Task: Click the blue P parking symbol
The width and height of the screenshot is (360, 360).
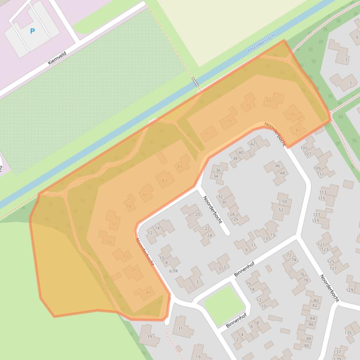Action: pos(32,31)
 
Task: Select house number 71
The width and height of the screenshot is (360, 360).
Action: pos(207,134)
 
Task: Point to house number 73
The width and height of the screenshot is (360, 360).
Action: pos(228,122)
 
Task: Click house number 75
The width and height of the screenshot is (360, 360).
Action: pos(248,107)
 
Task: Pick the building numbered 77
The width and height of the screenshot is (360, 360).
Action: pos(268,101)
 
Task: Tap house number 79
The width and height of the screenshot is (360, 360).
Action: pos(292,115)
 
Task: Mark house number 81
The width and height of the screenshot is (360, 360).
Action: pos(298,130)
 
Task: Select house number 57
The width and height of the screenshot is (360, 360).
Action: pos(114,224)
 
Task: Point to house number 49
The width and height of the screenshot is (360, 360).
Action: pos(148,293)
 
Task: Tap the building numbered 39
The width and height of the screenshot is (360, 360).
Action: pos(149,337)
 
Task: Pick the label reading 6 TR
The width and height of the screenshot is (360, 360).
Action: pos(173,271)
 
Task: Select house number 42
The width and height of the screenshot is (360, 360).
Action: pos(252,144)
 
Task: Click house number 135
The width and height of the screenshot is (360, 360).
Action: pos(348,333)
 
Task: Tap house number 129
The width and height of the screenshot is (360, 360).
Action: pos(349,290)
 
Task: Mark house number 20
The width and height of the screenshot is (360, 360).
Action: pos(197,214)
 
